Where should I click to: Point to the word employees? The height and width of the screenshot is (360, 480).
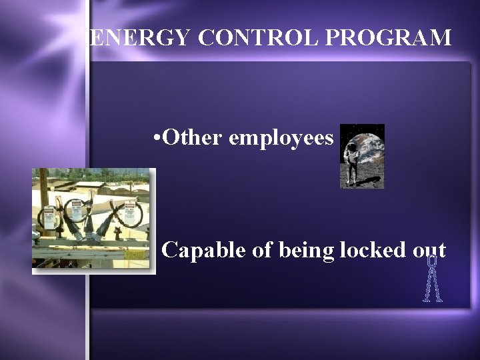coord(281,139)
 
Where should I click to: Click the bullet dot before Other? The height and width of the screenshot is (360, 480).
coord(155,139)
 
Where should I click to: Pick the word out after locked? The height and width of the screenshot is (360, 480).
coord(429,251)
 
